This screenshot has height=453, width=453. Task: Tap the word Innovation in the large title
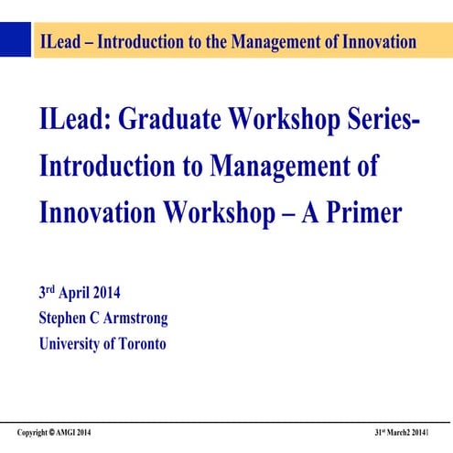98,213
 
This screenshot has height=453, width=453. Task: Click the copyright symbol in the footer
52,432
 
